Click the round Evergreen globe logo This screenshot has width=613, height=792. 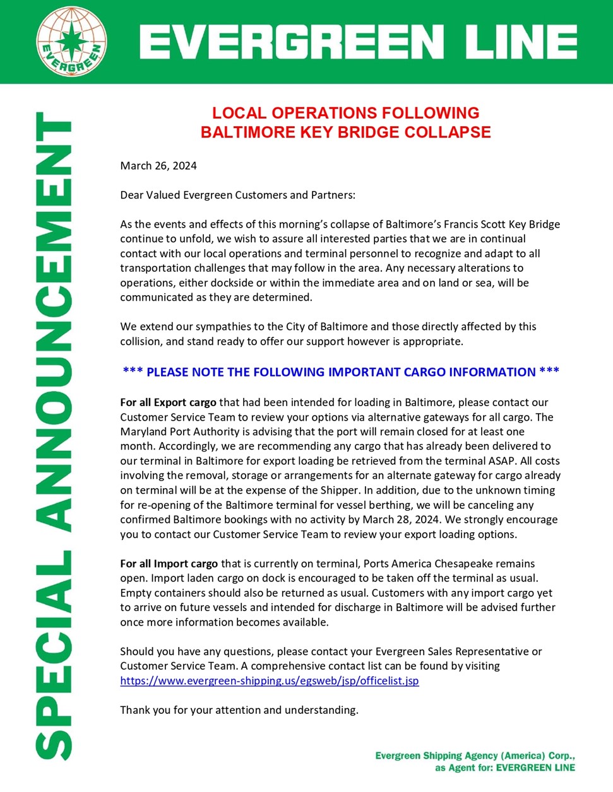tap(71, 41)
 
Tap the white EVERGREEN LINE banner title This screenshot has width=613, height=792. tap(357, 42)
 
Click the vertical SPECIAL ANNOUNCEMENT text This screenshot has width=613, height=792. tap(53, 435)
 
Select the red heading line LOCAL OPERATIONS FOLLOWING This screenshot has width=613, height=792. tap(345, 113)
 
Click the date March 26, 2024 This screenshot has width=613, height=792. tap(158, 166)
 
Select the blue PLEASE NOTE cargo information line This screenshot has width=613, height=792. tap(341, 372)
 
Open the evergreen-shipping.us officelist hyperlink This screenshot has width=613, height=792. tap(270, 680)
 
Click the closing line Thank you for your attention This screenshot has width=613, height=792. tap(239, 710)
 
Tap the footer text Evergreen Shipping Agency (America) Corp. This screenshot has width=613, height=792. tap(475, 755)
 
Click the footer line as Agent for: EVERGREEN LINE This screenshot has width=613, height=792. tap(505, 767)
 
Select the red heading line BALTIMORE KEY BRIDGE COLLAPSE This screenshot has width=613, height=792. tap(345, 132)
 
